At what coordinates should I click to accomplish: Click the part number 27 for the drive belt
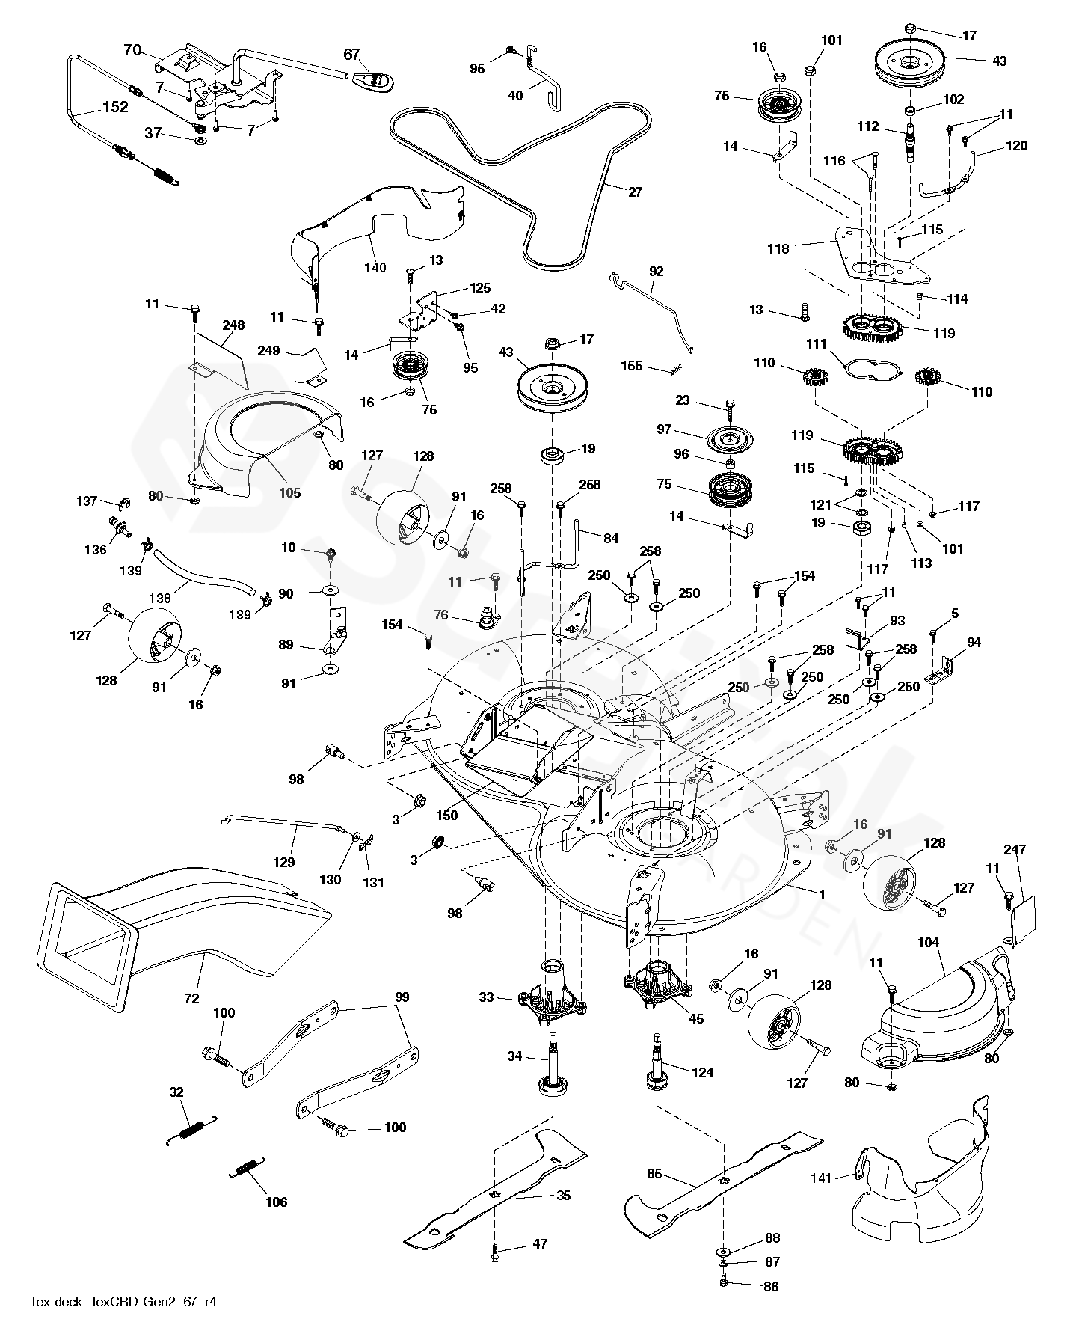pyautogui.click(x=635, y=192)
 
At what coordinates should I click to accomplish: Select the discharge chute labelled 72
pyautogui.click(x=187, y=920)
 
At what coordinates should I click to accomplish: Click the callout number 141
pyautogui.click(x=821, y=1178)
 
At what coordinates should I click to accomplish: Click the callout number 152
pyautogui.click(x=115, y=107)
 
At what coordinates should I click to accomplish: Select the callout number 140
pyautogui.click(x=375, y=267)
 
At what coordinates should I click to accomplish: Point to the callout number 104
pyautogui.click(x=928, y=943)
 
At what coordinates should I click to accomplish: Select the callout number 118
pyautogui.click(x=778, y=249)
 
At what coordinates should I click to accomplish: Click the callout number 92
pyautogui.click(x=656, y=272)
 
